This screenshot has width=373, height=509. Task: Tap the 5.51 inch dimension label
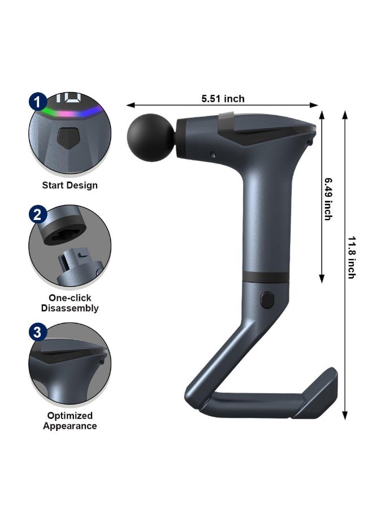pos(223,99)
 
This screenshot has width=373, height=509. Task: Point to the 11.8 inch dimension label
pos(351,257)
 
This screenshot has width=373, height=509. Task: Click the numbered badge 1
pos(38,102)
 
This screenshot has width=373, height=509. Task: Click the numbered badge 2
pos(38,214)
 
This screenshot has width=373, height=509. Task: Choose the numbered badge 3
pos(38,332)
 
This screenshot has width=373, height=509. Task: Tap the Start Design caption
pos(70,186)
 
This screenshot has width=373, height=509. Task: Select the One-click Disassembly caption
pos(70,303)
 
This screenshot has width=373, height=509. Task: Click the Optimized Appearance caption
pos(70,421)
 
